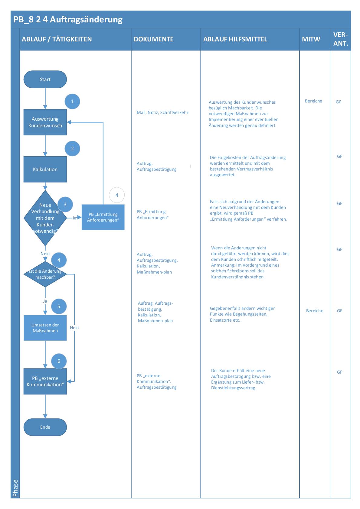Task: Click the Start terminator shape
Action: (x=45, y=79)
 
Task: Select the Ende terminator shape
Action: (x=45, y=427)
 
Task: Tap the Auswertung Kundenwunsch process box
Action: (x=45, y=122)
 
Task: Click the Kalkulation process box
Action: (x=45, y=169)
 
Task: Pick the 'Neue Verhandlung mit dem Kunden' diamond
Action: (x=45, y=218)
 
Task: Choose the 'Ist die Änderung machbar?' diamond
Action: (x=45, y=274)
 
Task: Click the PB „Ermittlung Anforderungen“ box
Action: (x=103, y=217)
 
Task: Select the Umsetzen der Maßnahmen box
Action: (x=45, y=328)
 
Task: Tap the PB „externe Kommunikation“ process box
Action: (x=45, y=381)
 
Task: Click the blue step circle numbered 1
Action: (x=72, y=101)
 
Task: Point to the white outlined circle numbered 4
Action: (x=117, y=195)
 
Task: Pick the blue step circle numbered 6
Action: (x=59, y=361)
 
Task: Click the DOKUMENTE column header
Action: (x=154, y=39)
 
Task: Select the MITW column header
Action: (x=311, y=39)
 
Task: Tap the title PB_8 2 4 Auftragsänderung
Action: (x=68, y=20)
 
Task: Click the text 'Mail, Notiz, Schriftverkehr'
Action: (x=162, y=112)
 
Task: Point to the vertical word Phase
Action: (x=15, y=488)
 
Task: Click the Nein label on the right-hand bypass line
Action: (x=74, y=328)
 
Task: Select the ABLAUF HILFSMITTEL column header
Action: (x=235, y=39)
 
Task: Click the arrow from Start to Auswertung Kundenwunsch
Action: (x=45, y=99)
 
